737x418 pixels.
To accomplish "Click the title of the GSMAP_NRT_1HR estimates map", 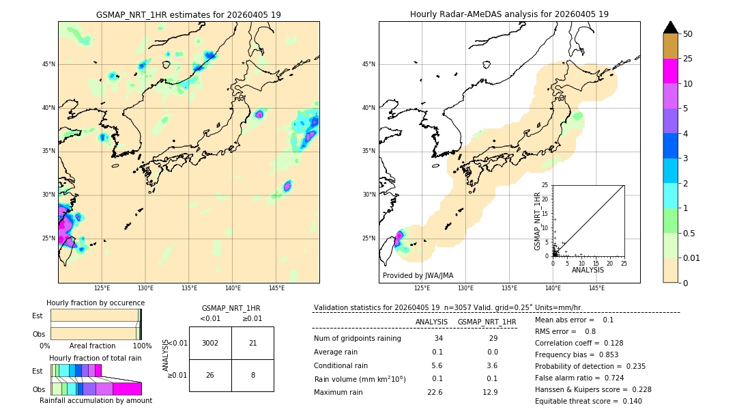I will (188, 14).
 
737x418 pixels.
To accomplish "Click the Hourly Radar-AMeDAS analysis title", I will (509, 14).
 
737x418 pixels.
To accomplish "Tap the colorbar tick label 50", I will (688, 34).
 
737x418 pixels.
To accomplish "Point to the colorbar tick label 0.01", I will (691, 257).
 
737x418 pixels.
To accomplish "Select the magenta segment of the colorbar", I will (671, 71).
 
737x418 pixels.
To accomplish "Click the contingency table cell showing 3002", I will (210, 343).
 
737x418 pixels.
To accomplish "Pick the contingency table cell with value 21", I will (252, 343).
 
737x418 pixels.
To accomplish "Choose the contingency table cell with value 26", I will (210, 375).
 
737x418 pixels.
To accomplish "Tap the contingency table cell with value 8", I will (252, 375).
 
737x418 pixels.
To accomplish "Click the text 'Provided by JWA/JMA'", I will (418, 275).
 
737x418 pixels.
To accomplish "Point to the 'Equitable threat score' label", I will (578, 401).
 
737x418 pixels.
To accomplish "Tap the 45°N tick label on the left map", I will (48, 64).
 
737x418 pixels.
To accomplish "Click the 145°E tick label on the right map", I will (596, 288).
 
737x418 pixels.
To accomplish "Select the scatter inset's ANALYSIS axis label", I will (588, 270).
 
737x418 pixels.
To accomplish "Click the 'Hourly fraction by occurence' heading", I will (96, 303).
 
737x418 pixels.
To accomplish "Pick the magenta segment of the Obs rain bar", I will (127, 389).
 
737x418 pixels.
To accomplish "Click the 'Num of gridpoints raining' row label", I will (357, 339).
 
